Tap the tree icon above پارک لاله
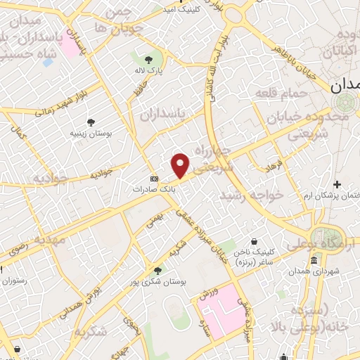coord(148,60)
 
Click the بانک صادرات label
coord(154,189)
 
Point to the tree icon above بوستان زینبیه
coord(91,122)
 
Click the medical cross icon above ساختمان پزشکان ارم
coord(337,184)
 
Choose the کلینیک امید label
coord(181,10)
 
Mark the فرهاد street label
coord(269,166)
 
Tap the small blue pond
coord(48,62)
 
